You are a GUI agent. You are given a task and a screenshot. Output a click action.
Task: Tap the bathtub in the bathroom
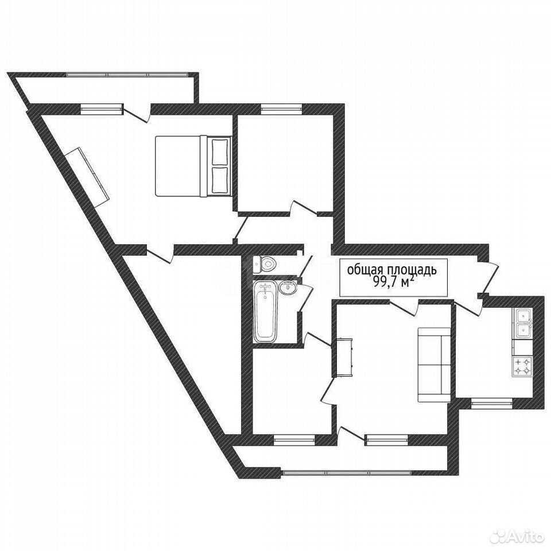tap(265, 312)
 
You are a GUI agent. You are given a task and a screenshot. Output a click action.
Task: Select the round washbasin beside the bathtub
tap(288, 287)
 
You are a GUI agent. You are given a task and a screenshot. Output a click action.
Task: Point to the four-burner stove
tap(522, 366)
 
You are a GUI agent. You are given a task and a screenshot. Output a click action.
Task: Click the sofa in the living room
tap(434, 365)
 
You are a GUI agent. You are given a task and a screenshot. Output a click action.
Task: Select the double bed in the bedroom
tap(193, 166)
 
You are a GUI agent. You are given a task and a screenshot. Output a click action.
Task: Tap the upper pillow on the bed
tap(220, 152)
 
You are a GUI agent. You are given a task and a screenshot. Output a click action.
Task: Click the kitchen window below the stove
tap(492, 403)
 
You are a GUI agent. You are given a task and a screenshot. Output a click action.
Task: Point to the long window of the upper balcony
tap(127, 75)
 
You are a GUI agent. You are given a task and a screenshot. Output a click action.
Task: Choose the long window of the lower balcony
tap(347, 473)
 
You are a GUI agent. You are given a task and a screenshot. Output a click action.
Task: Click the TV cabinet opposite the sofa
tap(344, 357)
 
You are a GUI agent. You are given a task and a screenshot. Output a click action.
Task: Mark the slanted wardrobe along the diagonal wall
tap(87, 174)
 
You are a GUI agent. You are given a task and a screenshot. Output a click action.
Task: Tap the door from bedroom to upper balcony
tap(137, 114)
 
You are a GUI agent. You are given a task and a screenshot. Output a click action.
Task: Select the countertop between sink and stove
tap(522, 348)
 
